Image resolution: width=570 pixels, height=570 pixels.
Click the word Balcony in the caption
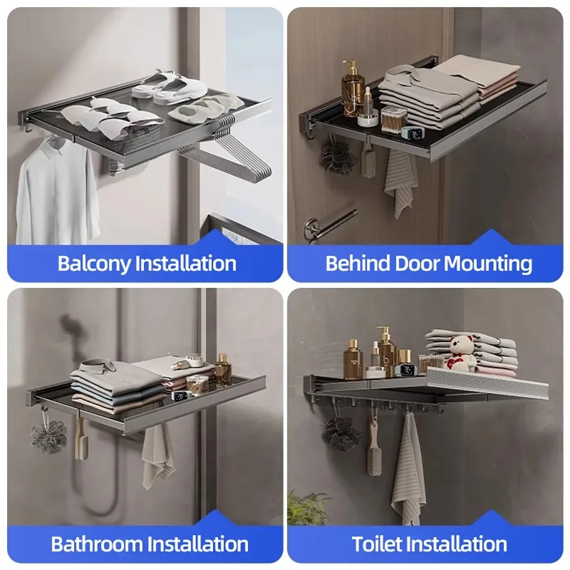pyautogui.click(x=94, y=263)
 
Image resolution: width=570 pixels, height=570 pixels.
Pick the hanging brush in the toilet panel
pyautogui.click(x=373, y=449)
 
